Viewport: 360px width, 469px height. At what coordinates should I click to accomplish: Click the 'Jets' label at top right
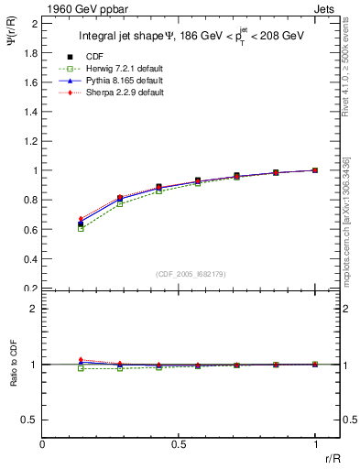point(325,8)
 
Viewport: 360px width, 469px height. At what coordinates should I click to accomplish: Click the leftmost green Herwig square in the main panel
point(81,228)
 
